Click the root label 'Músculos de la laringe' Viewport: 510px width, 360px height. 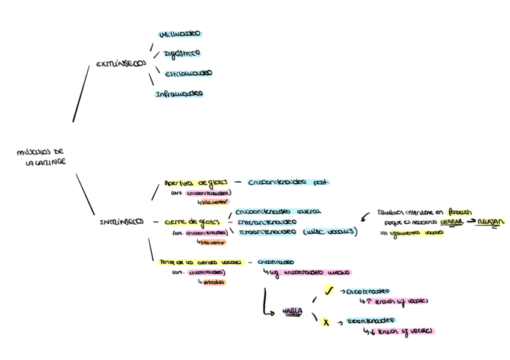click(x=41, y=157)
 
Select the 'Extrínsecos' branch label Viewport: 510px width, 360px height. click(x=120, y=64)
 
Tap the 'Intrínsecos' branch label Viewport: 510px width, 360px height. click(x=121, y=222)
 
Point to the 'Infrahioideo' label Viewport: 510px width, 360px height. click(x=179, y=94)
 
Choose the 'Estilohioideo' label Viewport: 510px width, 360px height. click(x=188, y=73)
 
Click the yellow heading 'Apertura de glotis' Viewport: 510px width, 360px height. click(x=195, y=183)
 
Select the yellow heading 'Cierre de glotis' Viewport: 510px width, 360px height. click(x=195, y=222)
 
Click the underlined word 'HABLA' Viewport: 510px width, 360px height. click(x=293, y=311)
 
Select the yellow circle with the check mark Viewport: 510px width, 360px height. click(x=329, y=291)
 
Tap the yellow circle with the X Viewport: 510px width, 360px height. click(x=326, y=322)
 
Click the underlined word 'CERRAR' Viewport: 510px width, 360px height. click(x=451, y=222)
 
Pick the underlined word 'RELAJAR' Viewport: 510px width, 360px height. click(x=491, y=222)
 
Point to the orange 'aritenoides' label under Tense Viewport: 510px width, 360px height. click(x=214, y=281)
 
